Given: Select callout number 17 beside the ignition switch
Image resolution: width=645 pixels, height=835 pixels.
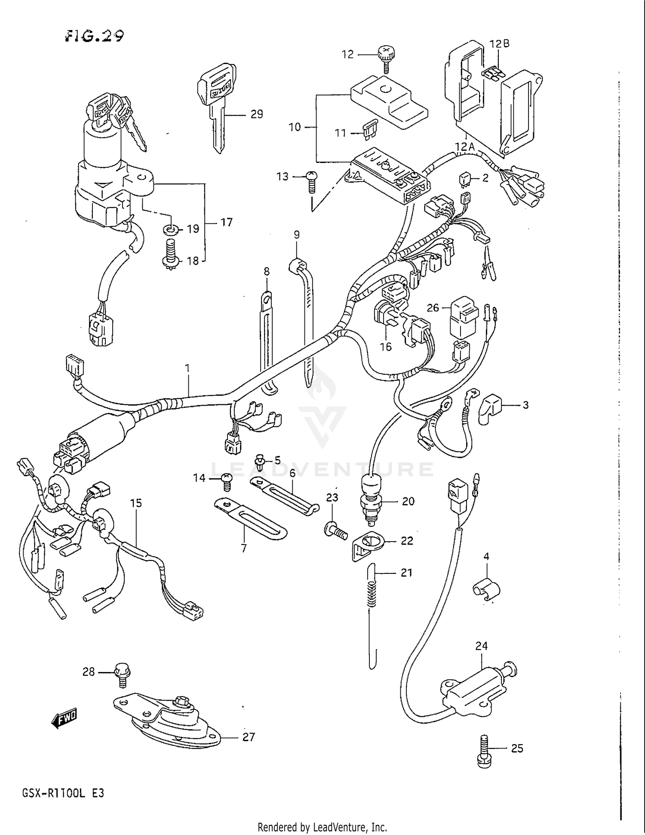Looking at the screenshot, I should [x=226, y=222].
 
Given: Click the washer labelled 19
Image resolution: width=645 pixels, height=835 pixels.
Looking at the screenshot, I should [x=171, y=229].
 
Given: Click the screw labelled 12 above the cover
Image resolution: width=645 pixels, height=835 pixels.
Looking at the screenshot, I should [x=386, y=57].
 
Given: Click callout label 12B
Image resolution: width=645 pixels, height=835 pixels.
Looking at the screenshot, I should [x=499, y=44].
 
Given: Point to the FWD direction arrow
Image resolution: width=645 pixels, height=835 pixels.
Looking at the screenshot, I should [x=64, y=717].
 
